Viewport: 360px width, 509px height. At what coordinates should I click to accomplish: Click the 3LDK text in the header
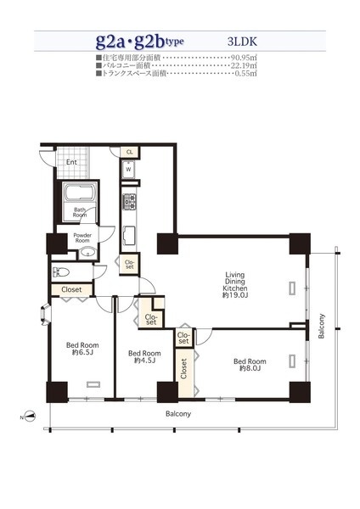point(242,42)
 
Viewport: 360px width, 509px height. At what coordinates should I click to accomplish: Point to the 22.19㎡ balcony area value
point(244,65)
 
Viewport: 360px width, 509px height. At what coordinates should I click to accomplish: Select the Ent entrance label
point(71,162)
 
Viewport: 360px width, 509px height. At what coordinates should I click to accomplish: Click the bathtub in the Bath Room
point(80,193)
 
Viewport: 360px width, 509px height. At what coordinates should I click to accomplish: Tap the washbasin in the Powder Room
point(87,252)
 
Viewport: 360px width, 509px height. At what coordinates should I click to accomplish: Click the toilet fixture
point(60,271)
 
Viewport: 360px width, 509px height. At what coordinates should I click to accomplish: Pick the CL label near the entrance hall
point(129,152)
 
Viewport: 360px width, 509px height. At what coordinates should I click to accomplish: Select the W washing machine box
point(129,169)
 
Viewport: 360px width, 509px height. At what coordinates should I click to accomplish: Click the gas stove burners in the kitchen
point(129,202)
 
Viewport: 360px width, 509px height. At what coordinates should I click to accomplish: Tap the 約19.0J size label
point(235,295)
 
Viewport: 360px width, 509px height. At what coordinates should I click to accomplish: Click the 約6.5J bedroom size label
point(82,352)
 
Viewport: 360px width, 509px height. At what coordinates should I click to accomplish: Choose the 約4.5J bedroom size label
point(144,361)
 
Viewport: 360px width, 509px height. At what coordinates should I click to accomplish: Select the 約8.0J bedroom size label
point(250,368)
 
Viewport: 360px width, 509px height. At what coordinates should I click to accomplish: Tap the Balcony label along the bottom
point(178,414)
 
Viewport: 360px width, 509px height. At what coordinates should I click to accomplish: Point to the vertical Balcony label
point(321,326)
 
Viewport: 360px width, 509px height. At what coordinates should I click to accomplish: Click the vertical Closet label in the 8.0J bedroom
point(183,368)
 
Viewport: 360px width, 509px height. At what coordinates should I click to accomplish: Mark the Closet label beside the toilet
point(71,289)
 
